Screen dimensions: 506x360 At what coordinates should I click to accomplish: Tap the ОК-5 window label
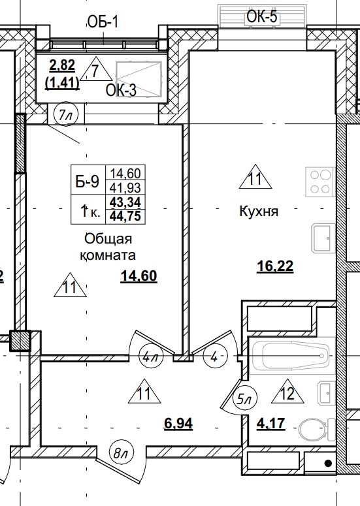coord(262,17)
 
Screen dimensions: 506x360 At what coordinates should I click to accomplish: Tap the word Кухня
coord(259,212)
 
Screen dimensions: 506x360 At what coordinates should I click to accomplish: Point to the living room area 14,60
coord(139,276)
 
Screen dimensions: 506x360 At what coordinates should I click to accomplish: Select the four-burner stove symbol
coord(319,182)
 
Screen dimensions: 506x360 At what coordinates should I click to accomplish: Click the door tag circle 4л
coord(151,357)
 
